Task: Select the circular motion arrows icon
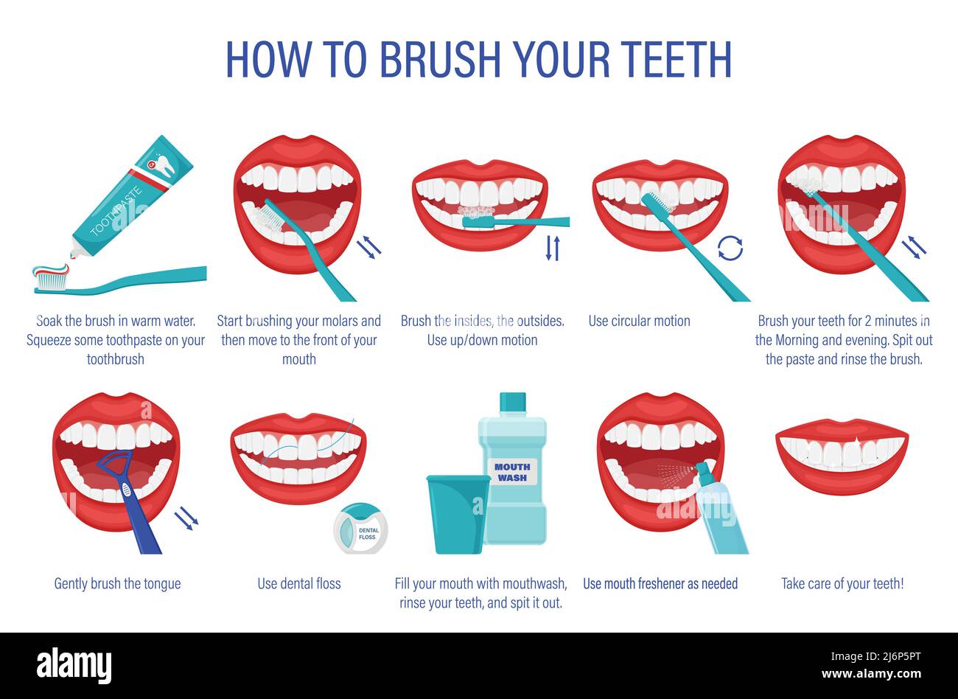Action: [730, 248]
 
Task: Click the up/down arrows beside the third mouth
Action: [553, 247]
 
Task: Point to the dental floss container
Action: [360, 529]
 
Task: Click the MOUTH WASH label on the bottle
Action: [512, 472]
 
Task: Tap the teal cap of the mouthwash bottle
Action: [512, 403]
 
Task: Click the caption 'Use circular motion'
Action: [639, 321]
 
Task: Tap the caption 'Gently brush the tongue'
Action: [117, 583]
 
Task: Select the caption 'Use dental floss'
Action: [299, 583]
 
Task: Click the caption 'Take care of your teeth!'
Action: [842, 583]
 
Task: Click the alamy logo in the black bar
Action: [74, 665]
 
